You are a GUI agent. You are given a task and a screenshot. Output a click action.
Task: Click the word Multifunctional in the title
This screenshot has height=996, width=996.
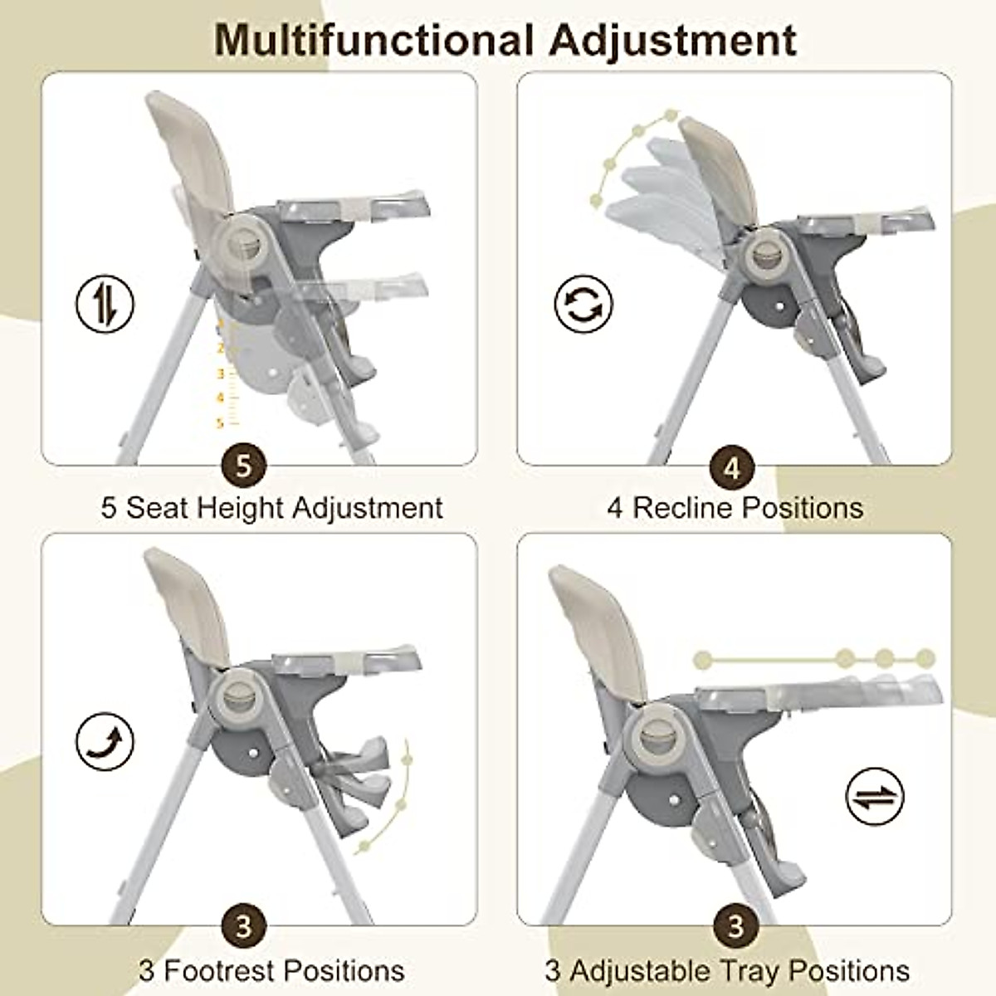[x=373, y=39]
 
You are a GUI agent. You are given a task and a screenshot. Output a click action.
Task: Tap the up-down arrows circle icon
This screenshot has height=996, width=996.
[x=105, y=303]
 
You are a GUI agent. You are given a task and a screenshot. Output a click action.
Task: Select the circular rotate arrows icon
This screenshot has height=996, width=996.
[x=583, y=303]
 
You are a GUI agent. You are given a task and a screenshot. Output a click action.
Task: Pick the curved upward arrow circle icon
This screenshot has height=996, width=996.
[x=105, y=742]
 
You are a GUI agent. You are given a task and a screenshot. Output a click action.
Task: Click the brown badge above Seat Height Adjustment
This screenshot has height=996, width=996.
[x=243, y=466]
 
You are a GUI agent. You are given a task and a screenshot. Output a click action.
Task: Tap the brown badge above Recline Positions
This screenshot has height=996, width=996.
[x=730, y=468]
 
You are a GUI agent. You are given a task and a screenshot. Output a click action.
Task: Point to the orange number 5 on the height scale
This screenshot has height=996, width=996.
[x=220, y=424]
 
